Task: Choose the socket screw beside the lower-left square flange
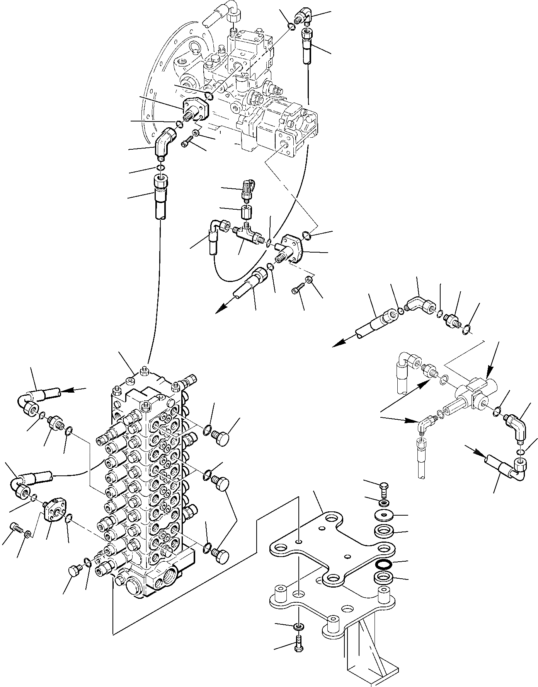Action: tap(15, 527)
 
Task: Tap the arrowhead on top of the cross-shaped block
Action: tap(488, 376)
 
